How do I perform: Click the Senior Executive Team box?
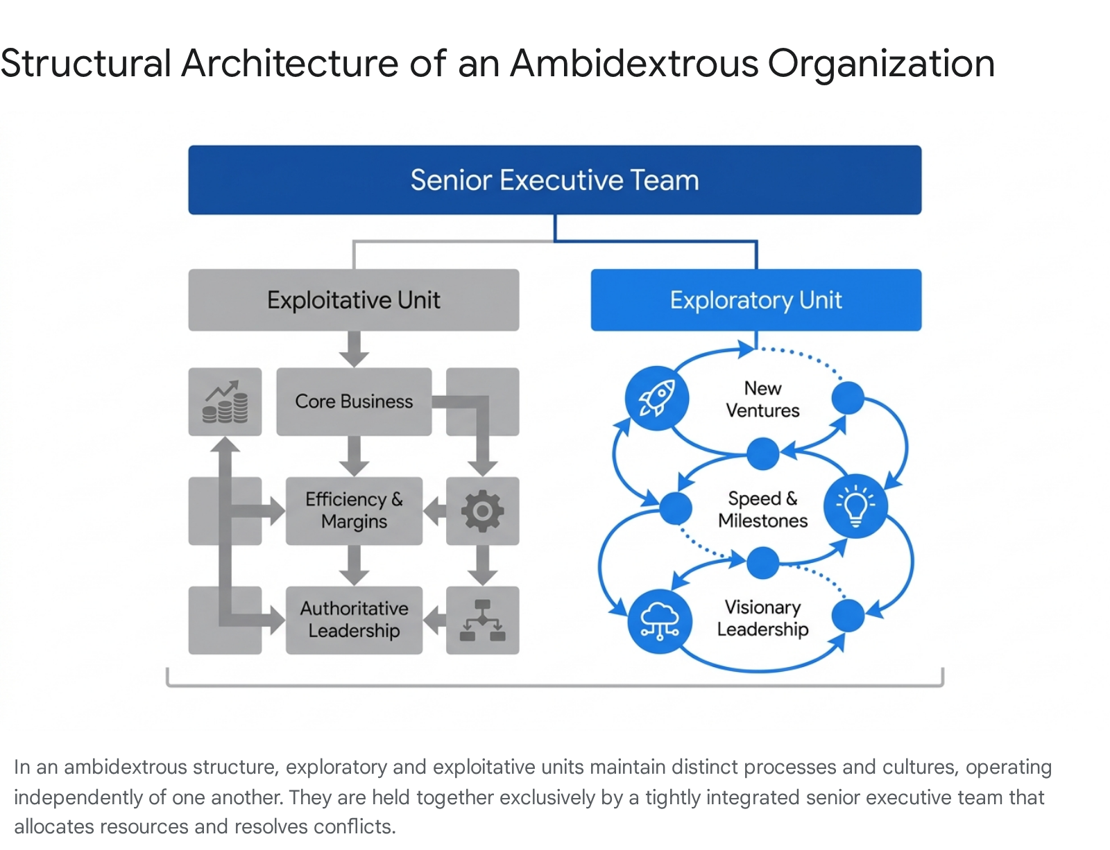(555, 180)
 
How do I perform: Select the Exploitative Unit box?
(354, 300)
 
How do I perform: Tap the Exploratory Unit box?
(756, 300)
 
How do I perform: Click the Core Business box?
(354, 401)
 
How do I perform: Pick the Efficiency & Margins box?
(354, 510)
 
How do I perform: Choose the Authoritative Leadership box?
(354, 620)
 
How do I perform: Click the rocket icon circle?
(656, 398)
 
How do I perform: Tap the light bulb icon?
(855, 506)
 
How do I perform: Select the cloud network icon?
(660, 621)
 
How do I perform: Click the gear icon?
(482, 510)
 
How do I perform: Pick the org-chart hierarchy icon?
(482, 620)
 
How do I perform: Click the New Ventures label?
(762, 399)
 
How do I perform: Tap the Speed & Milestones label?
(762, 509)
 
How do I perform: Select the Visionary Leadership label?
(762, 618)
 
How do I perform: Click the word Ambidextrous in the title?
(634, 63)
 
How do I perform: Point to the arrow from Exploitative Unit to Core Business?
(354, 349)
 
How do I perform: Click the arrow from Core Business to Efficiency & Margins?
(354, 456)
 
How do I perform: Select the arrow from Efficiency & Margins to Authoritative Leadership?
(354, 566)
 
